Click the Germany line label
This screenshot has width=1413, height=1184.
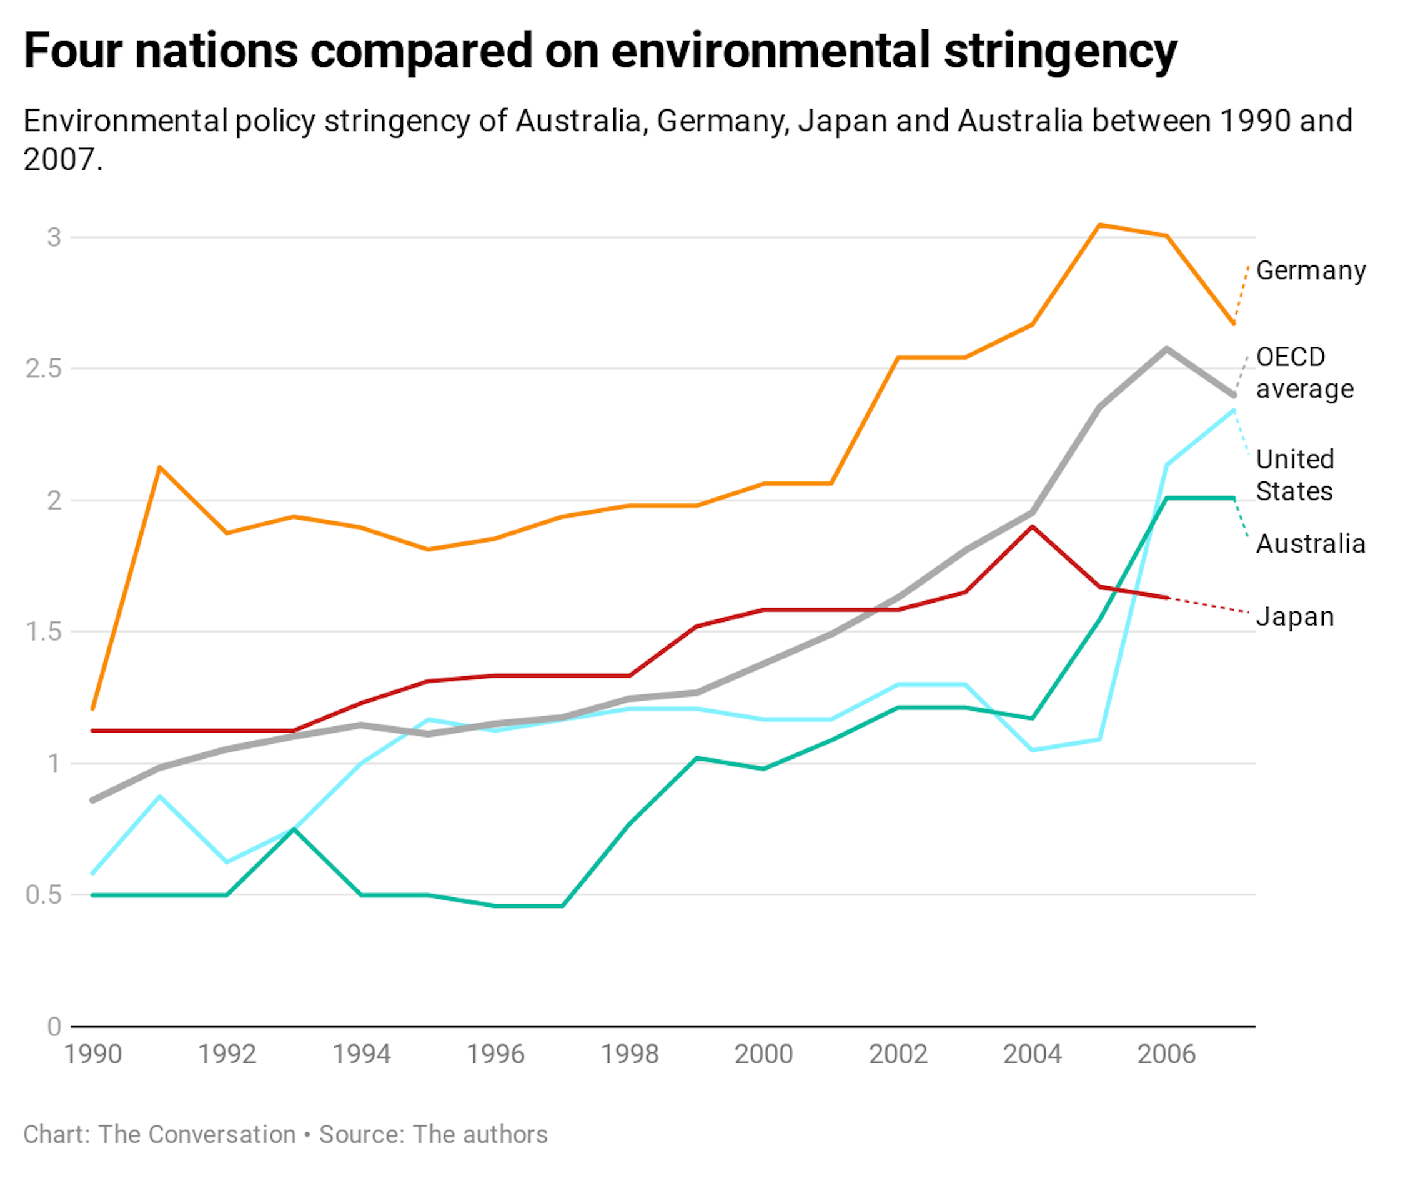tap(1310, 270)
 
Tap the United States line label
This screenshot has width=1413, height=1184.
tap(1294, 475)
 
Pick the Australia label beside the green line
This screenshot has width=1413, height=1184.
tap(1310, 543)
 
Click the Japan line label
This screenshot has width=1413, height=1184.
tap(1294, 617)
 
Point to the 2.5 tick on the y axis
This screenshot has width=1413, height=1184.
tap(43, 368)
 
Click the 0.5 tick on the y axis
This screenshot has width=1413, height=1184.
tap(43, 895)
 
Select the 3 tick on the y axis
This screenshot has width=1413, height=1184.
tap(54, 237)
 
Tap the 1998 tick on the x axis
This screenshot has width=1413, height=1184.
tap(629, 1054)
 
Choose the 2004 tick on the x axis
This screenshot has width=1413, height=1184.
tap(1031, 1054)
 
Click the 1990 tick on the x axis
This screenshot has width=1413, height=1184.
tap(93, 1054)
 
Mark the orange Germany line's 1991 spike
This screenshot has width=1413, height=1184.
tap(159, 468)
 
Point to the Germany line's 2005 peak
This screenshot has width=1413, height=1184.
tap(1099, 225)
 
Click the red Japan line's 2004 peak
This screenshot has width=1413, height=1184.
tap(1031, 527)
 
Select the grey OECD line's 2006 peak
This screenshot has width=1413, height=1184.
tap(1166, 348)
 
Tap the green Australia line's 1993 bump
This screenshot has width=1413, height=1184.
tap(294, 829)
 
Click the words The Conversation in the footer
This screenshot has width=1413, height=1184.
tap(197, 1134)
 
